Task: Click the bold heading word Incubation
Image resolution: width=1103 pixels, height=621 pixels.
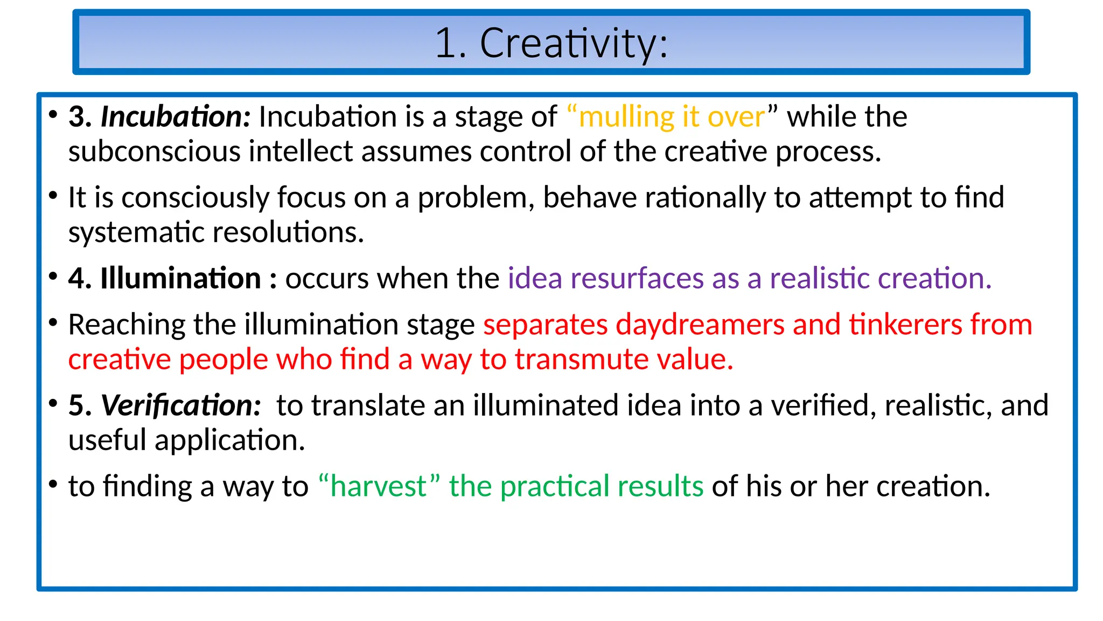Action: point(176,117)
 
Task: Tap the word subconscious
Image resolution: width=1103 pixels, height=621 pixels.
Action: point(154,151)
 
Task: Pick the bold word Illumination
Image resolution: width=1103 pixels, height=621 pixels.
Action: point(180,279)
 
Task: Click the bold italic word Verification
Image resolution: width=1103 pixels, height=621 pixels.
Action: point(180,405)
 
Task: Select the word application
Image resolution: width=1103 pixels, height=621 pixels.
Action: point(230,440)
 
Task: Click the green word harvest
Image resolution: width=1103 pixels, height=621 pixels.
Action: point(378,486)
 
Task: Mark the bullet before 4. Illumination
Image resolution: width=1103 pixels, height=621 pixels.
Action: point(53,277)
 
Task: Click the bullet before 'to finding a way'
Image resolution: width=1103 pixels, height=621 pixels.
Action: point(53,484)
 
